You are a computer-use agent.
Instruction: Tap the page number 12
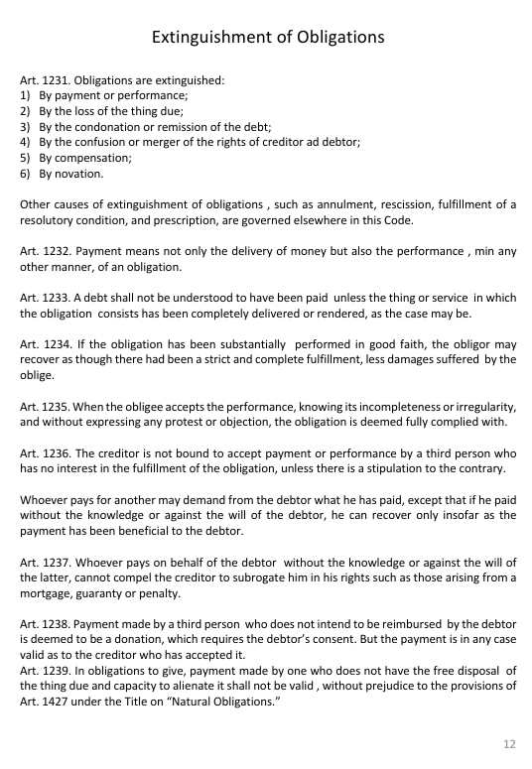(509, 742)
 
